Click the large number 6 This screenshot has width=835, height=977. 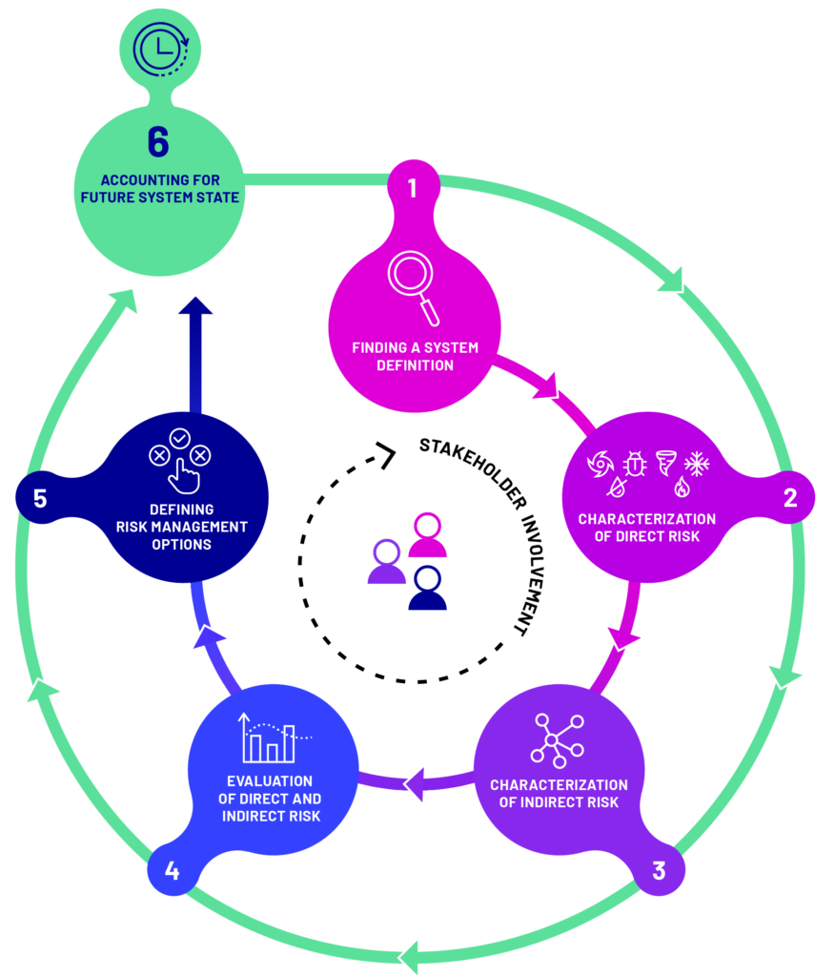coord(159,142)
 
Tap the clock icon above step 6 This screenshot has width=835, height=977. coord(161,50)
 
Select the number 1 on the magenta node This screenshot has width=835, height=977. coord(412,188)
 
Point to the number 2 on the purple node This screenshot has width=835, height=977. coord(790,497)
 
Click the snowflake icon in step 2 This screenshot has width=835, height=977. coord(697,464)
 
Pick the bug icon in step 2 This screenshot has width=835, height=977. coord(635,464)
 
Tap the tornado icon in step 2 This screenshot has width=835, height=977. coord(665,463)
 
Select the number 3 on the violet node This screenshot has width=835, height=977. coord(659,870)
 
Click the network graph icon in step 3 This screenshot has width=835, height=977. coord(558,740)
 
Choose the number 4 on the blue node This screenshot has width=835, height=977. coord(172,870)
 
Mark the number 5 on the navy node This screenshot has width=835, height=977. coord(40,498)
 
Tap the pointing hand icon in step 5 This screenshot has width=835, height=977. coord(184,476)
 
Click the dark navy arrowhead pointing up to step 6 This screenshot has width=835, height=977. coord(195,305)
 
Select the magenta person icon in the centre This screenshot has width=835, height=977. coord(427,534)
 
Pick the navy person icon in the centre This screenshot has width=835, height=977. coord(427,588)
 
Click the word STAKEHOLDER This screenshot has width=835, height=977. coord(473,471)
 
